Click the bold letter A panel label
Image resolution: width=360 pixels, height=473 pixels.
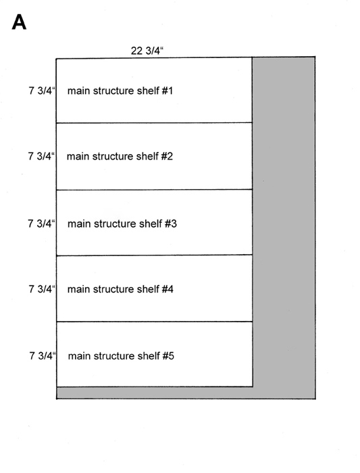point(19,22)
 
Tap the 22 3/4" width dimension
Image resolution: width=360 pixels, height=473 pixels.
point(147,51)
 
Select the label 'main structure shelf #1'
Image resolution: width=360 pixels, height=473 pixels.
point(120,91)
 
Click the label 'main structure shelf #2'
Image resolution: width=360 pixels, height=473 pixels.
point(120,156)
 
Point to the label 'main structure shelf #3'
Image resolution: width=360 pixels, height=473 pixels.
point(122,224)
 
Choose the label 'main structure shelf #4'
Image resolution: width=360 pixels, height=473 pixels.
point(120,289)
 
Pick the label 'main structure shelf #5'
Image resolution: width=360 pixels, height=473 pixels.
point(121,356)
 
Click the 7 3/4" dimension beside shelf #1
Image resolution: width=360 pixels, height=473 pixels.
point(42,91)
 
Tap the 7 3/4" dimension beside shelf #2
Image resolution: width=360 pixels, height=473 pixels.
point(41,156)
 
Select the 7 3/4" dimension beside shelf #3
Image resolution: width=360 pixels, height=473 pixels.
point(41,224)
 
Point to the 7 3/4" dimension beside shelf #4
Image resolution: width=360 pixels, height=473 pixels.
point(42,289)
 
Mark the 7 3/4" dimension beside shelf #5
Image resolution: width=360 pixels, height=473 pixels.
point(43,355)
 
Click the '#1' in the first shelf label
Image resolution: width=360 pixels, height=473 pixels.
point(168,91)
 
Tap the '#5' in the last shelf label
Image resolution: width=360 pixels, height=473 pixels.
point(169,356)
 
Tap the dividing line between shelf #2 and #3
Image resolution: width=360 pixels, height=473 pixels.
point(155,190)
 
